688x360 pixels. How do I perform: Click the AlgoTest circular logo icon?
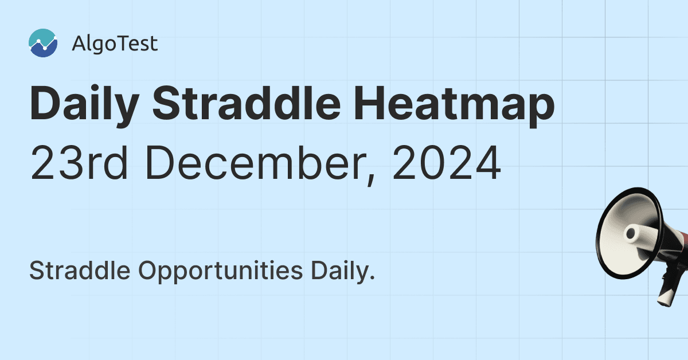[43, 44]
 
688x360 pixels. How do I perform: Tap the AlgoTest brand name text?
[115, 44]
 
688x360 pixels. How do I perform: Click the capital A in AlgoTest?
[79, 44]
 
